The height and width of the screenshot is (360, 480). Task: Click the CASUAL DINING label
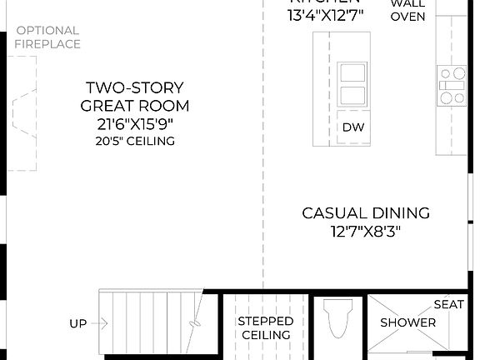366,213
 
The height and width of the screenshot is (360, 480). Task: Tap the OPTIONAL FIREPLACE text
47,37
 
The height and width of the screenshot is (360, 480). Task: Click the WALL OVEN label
407,10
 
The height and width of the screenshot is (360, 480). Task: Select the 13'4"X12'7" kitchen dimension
327,15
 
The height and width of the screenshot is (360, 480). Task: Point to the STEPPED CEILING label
265,327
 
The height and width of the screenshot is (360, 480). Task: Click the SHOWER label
408,322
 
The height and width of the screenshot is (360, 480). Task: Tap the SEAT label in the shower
448,305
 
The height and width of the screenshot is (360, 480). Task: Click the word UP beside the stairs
77,323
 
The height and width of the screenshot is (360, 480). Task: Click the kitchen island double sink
352,83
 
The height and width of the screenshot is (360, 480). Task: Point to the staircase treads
150,321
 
